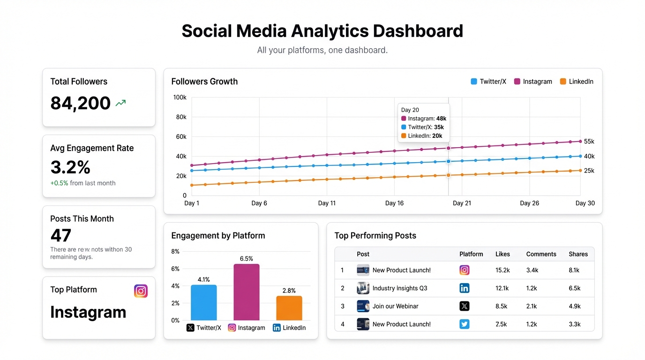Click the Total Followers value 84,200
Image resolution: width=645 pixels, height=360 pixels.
pos(80,103)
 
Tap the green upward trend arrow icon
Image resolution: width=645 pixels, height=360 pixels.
pos(121,103)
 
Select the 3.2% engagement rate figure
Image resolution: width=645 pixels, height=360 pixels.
pos(70,167)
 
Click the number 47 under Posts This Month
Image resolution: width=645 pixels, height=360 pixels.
pos(61,235)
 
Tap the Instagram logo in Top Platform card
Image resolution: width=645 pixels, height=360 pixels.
pos(141,291)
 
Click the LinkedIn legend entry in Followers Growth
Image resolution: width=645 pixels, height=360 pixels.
pos(577,82)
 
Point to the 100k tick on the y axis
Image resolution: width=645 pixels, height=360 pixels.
pos(180,97)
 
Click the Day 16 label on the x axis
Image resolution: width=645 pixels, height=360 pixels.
pos(394,203)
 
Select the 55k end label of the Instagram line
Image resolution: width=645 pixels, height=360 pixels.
pos(589,142)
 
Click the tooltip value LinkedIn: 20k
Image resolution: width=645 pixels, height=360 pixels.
pos(422,136)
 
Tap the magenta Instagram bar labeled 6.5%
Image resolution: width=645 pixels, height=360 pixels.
pos(247,292)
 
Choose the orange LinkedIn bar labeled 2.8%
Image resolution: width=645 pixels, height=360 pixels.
pos(289,308)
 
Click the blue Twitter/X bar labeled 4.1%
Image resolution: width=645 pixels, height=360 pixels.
pos(204,302)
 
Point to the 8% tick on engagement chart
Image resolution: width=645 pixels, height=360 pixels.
pos(175,252)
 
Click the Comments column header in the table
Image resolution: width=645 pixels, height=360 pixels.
pos(541,254)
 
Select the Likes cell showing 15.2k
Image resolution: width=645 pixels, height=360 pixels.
pos(502,270)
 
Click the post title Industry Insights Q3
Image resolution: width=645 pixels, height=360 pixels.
pos(400,288)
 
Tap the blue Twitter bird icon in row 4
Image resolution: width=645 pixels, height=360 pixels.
pos(464,324)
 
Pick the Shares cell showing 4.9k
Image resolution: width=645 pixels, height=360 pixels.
pos(575,306)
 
